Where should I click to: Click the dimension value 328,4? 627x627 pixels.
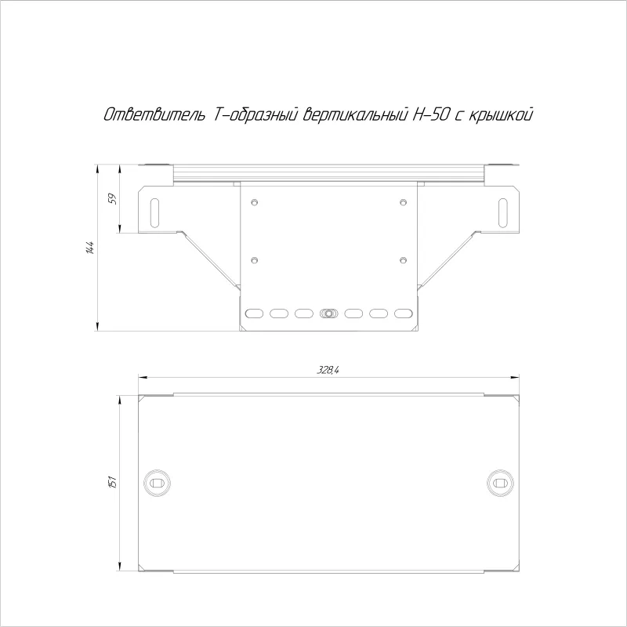(x=328, y=370)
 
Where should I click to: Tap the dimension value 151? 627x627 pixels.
(x=113, y=481)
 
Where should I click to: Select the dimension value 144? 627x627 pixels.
(x=90, y=248)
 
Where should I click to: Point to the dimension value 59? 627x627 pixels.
(x=113, y=199)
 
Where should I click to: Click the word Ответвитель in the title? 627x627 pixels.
(x=154, y=114)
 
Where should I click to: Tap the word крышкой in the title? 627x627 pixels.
(x=500, y=114)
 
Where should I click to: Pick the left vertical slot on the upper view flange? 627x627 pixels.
(x=154, y=212)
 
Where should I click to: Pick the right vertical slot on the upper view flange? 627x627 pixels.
(x=502, y=212)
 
